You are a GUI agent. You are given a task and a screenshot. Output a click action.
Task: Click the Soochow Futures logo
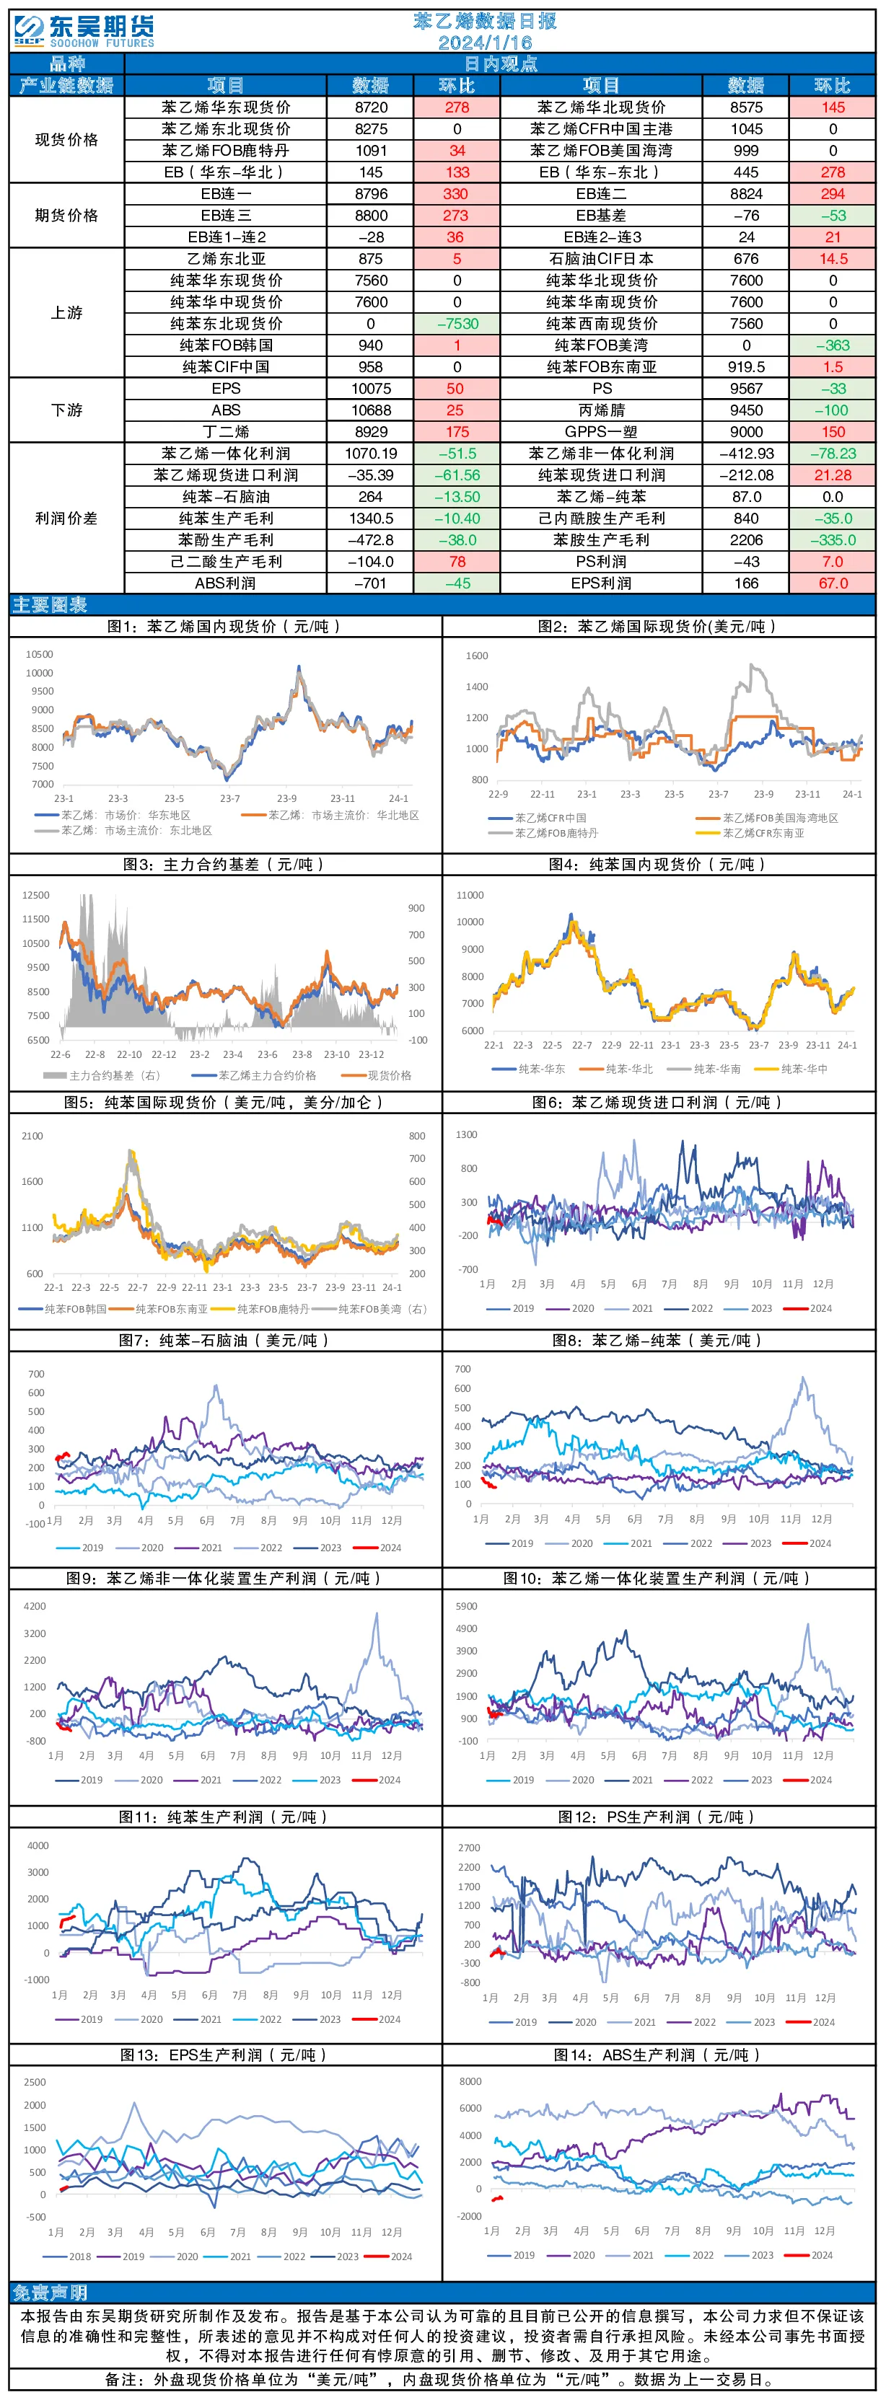tap(84, 31)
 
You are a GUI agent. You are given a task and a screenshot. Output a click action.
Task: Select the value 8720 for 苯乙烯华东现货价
tap(371, 107)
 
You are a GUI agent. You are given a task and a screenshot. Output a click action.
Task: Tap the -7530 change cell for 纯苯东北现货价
tap(457, 323)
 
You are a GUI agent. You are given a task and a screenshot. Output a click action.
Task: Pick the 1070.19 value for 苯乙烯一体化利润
tap(371, 454)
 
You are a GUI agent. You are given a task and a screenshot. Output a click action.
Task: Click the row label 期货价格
tap(66, 215)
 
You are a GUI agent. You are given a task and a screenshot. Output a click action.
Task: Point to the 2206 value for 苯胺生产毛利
tap(746, 540)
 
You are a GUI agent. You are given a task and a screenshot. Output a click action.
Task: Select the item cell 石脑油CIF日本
tap(601, 259)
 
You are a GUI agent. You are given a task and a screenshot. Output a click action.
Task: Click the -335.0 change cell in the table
tap(833, 540)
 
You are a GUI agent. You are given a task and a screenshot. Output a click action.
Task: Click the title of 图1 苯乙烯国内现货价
tap(224, 627)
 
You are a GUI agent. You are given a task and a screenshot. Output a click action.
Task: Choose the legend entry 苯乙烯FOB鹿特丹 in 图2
tap(556, 833)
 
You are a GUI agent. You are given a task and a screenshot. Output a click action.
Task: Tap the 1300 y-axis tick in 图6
tap(466, 1135)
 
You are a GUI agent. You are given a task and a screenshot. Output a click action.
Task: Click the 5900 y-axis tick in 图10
tap(466, 1606)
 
